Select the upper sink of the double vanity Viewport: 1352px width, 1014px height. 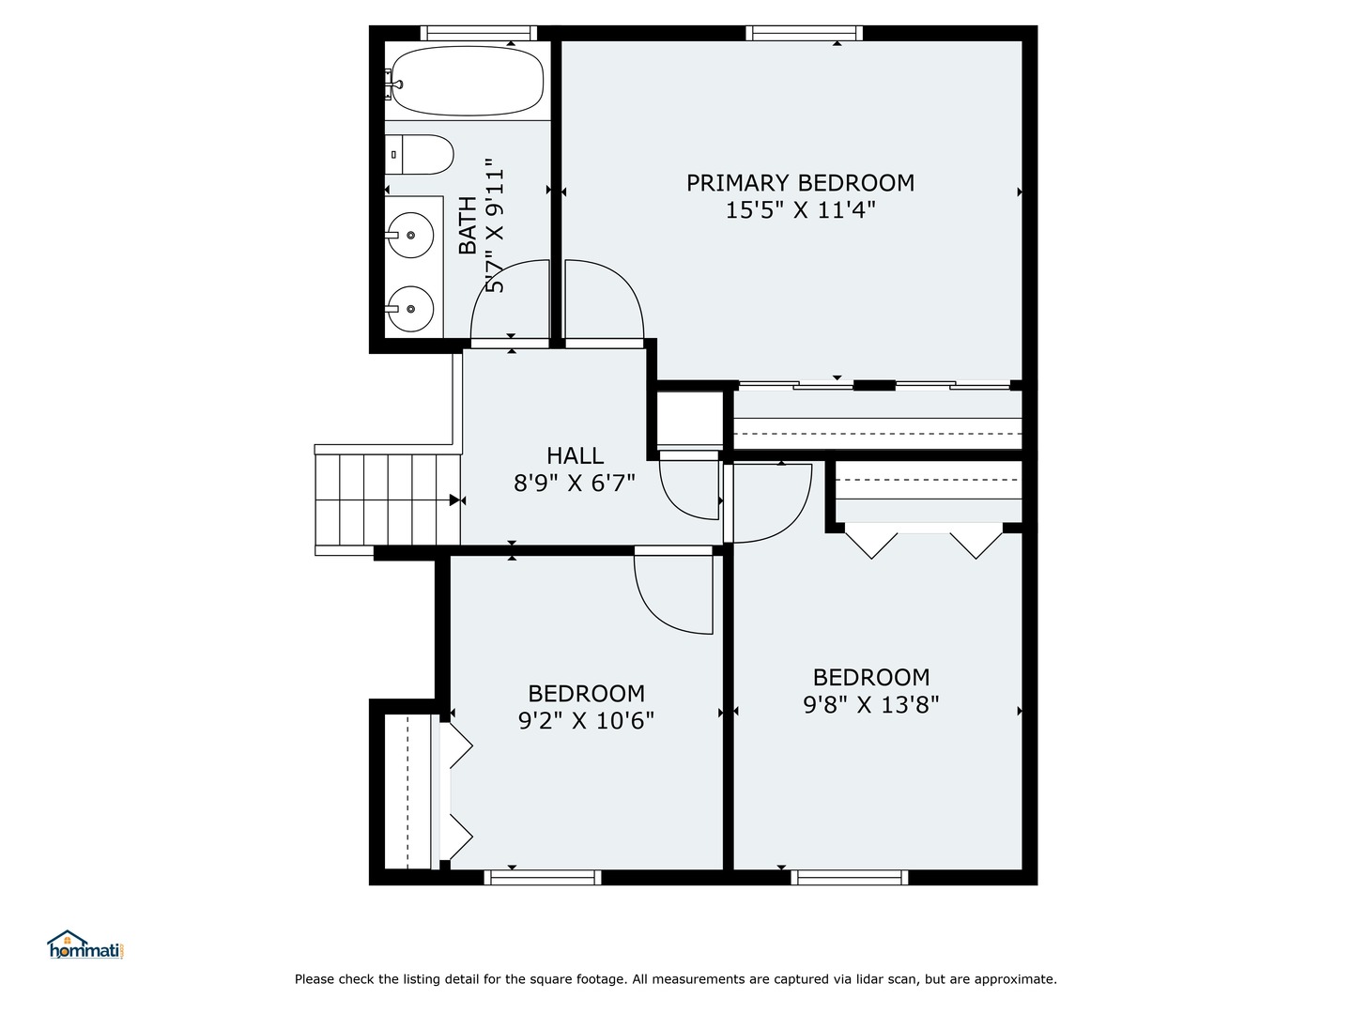pyautogui.click(x=410, y=235)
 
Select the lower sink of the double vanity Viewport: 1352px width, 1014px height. pyautogui.click(x=410, y=309)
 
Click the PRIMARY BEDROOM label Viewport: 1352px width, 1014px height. pyautogui.click(x=800, y=183)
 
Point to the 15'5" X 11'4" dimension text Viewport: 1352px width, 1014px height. pyautogui.click(x=800, y=210)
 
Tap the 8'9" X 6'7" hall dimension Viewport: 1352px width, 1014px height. pyautogui.click(x=574, y=484)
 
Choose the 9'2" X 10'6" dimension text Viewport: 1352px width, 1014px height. pyautogui.click(x=586, y=720)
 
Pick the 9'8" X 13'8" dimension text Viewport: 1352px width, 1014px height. pyautogui.click(x=871, y=704)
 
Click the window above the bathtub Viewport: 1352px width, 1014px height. pyautogui.click(x=479, y=33)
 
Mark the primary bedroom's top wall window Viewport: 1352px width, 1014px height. pyautogui.click(x=804, y=33)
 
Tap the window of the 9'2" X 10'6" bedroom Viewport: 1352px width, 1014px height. pyautogui.click(x=542, y=877)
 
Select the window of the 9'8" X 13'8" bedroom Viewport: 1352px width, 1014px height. pyautogui.click(x=850, y=877)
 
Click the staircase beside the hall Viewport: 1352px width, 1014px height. pyautogui.click(x=388, y=499)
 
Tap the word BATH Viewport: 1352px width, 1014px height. pyautogui.click(x=469, y=225)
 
